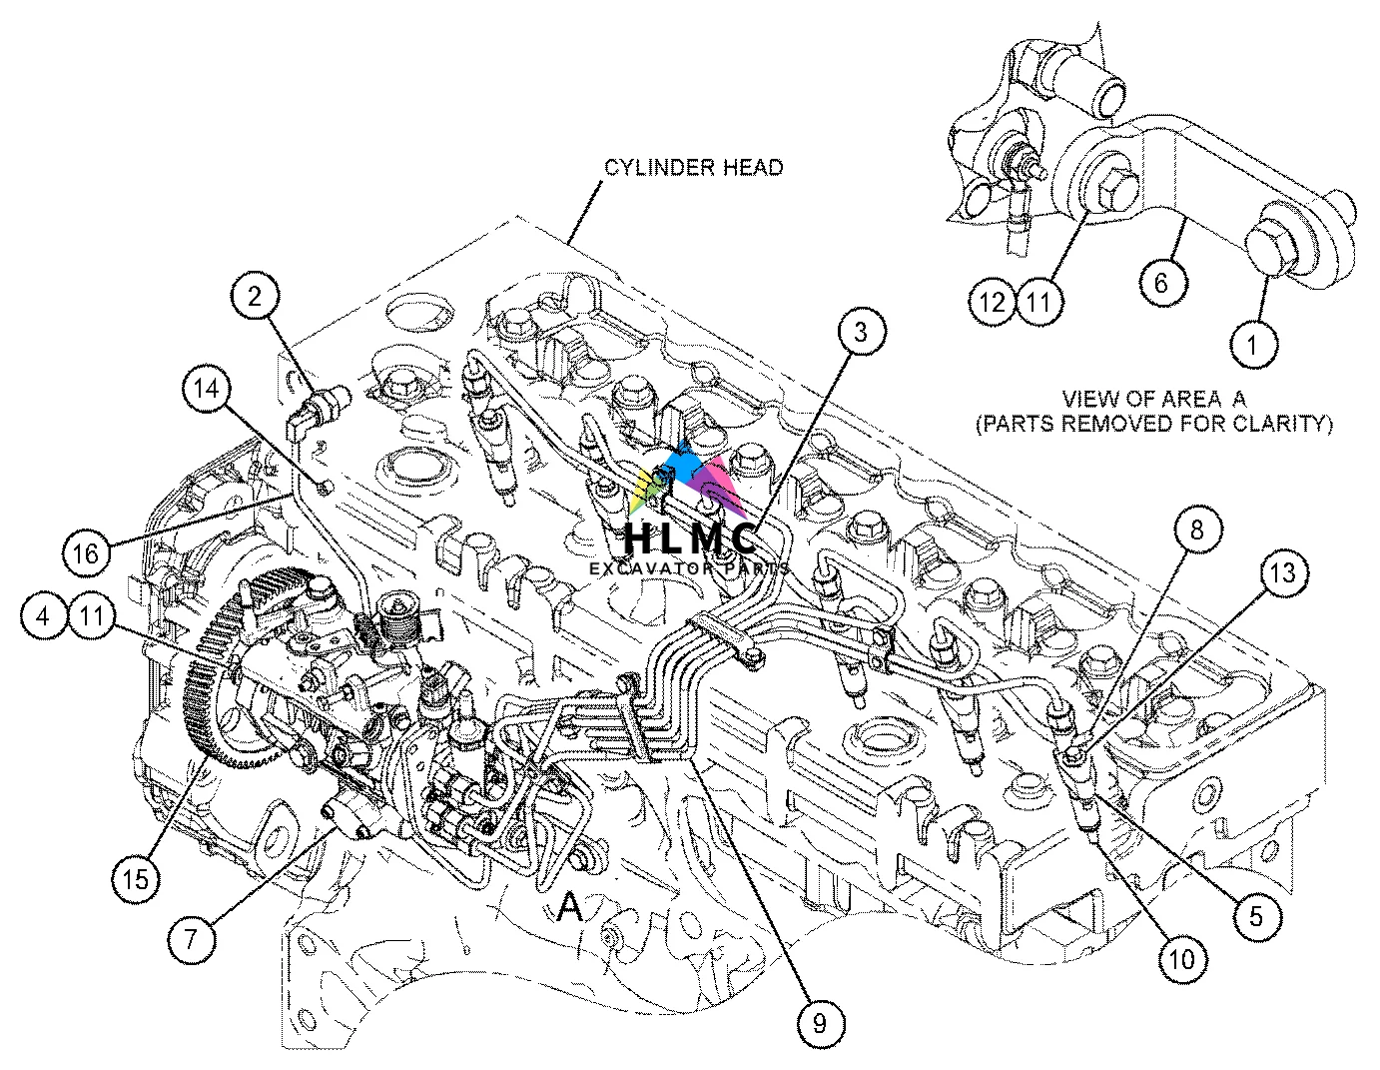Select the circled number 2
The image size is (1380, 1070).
[255, 296]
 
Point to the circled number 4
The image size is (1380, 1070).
[43, 616]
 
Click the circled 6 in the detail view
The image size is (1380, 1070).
[1161, 283]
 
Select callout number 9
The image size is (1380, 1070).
[820, 1022]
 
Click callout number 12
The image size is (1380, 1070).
[993, 301]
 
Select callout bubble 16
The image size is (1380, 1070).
[87, 551]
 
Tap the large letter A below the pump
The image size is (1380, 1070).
[569, 906]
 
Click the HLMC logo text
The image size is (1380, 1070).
[689, 539]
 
